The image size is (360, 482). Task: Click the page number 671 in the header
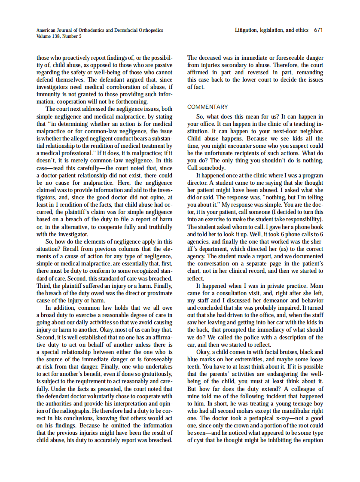point(318,30)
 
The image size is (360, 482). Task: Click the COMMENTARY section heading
point(207,107)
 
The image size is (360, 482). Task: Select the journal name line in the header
point(100,30)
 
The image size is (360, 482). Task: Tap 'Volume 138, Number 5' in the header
point(59,36)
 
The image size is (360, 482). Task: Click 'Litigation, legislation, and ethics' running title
point(272,30)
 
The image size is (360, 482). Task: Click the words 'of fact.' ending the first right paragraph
point(196,86)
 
